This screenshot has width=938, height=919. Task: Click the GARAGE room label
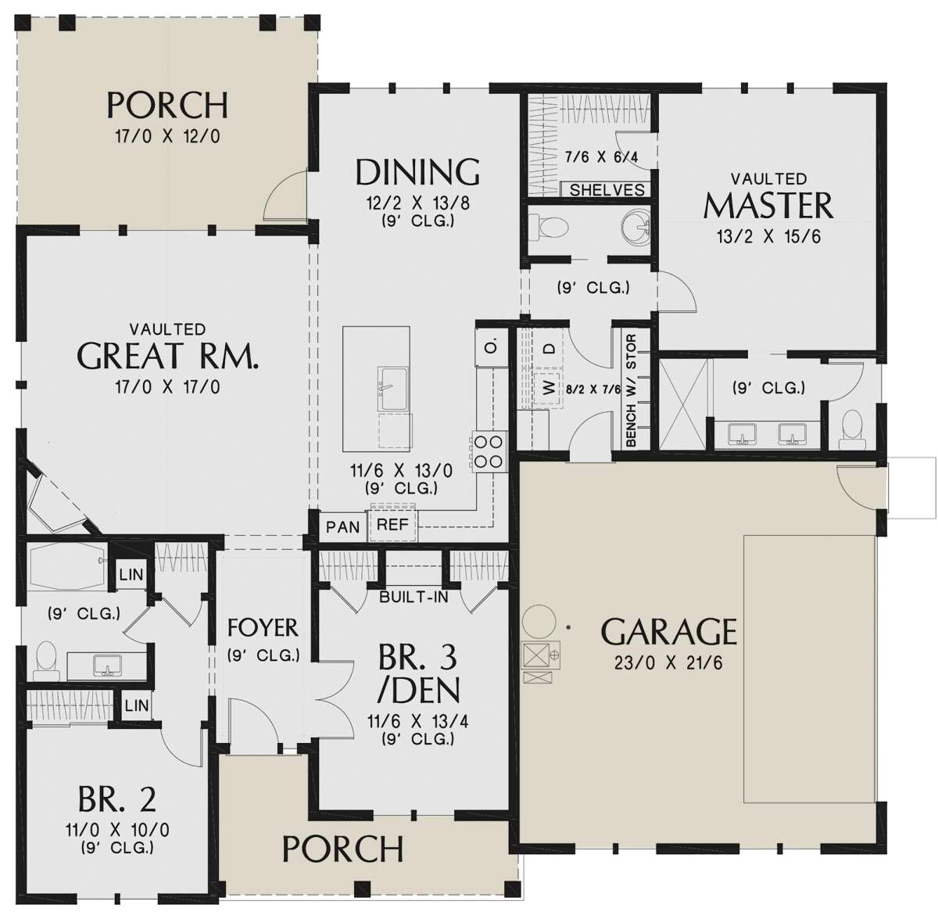tap(668, 631)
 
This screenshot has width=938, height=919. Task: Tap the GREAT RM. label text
tap(167, 357)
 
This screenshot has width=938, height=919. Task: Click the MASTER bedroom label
tap(768, 206)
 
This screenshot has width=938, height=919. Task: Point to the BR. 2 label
tap(117, 799)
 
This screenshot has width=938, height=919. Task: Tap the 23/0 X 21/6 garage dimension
tap(668, 663)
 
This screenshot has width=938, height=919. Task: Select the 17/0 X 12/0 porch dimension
tap(167, 136)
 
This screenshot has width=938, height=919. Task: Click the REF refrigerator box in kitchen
tap(392, 525)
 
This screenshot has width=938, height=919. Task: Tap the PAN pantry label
tap(342, 526)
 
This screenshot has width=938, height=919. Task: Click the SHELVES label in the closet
tap(607, 190)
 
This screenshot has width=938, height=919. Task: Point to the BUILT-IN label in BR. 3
tap(414, 598)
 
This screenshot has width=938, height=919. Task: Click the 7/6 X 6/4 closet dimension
tap(601, 157)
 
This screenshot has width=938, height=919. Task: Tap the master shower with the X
tap(684, 404)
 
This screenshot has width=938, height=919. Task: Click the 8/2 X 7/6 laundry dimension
tap(592, 388)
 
